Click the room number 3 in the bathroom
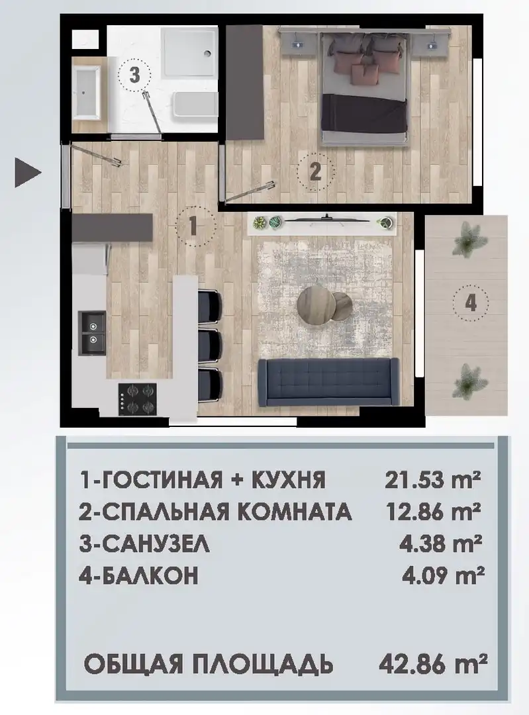click(134, 75)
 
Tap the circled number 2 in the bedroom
click(315, 172)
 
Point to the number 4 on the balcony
click(471, 303)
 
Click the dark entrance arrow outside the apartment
click(27, 172)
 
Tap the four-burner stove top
click(137, 399)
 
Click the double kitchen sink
click(93, 333)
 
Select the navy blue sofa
click(328, 382)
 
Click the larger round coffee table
click(314, 304)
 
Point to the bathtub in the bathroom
click(87, 93)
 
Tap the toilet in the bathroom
click(195, 105)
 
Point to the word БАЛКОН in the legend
click(149, 575)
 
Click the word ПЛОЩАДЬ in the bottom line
click(269, 665)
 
